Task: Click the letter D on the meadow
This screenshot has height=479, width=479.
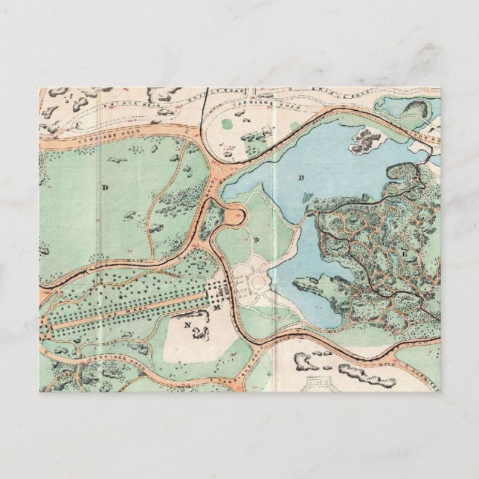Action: coord(105,188)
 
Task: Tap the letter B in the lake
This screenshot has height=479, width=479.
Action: coord(302,177)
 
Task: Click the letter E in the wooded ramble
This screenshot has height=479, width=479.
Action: coord(404,254)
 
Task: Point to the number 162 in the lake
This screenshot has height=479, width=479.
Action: coord(318,306)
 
